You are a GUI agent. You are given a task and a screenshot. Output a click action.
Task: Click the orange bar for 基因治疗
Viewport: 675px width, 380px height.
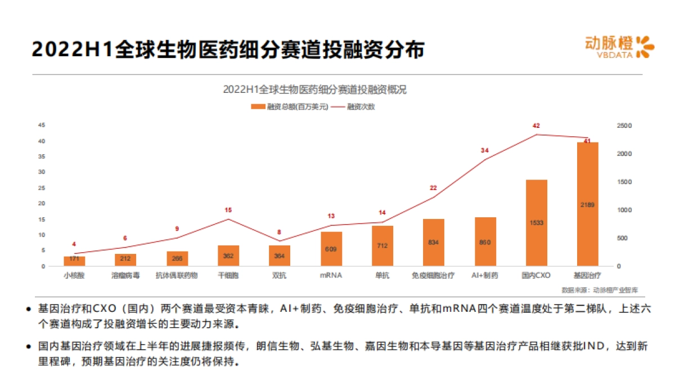pos(587,204)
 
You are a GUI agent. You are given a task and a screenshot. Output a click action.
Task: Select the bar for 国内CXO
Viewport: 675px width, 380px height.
pos(536,222)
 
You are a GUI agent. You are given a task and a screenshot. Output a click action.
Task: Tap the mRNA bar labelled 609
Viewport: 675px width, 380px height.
pos(331,248)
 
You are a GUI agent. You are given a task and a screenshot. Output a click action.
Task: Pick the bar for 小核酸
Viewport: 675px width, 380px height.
pos(74,261)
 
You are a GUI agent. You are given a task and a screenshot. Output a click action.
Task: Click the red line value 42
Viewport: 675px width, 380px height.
pos(536,126)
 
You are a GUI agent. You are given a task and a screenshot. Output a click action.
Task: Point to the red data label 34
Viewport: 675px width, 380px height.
pos(484,150)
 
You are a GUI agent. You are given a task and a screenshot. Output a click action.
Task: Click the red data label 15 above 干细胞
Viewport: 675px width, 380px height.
pos(228,210)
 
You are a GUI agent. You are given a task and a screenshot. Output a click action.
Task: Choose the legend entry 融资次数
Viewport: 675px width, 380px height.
pos(354,106)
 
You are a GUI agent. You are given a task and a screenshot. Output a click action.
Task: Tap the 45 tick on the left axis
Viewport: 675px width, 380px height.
pos(42,126)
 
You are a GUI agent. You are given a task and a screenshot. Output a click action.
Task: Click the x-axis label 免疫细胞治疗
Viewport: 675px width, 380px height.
pos(434,276)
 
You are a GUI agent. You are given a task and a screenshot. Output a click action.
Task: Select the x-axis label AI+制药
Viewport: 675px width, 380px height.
pos(484,276)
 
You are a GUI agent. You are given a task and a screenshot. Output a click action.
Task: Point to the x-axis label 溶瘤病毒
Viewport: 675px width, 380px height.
pos(125,276)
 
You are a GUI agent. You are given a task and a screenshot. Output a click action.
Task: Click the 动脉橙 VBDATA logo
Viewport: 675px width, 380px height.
pos(619,47)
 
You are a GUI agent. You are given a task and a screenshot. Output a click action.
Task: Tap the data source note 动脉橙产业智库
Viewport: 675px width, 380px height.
pos(600,290)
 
